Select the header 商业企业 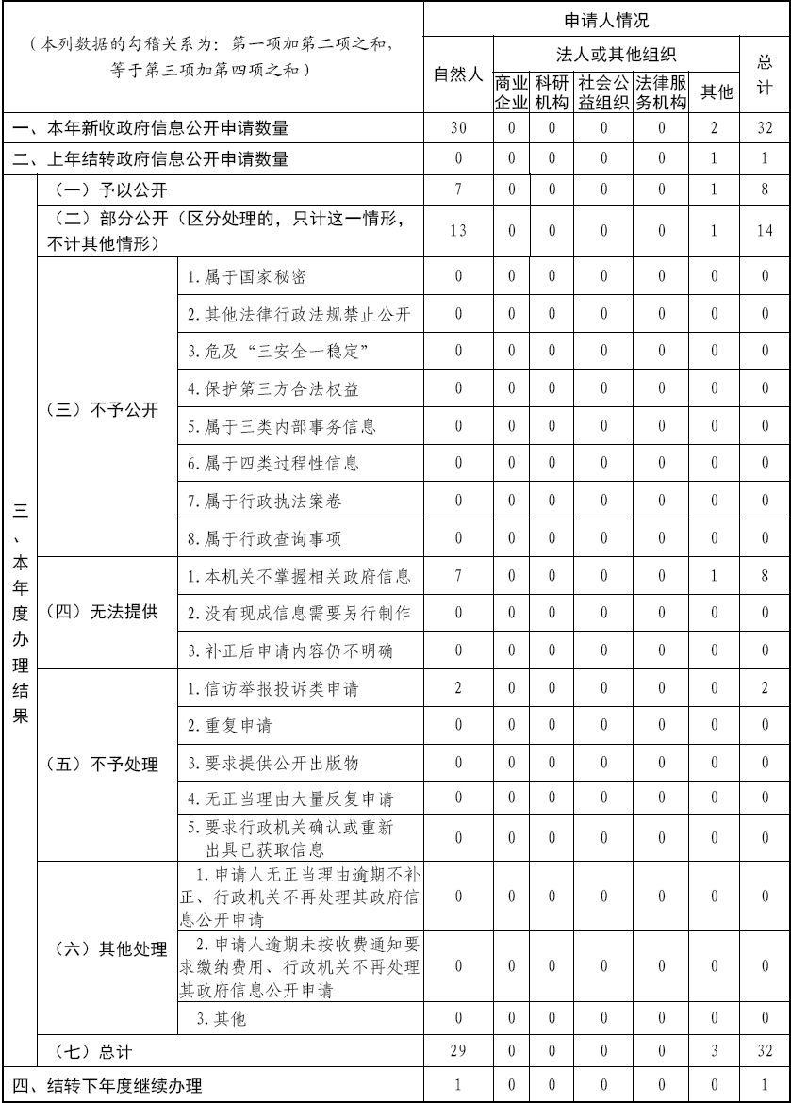click(x=510, y=91)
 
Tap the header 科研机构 click(x=552, y=91)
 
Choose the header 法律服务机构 click(x=662, y=91)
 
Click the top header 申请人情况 click(x=606, y=20)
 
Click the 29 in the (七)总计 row click(x=457, y=1049)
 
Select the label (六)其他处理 click(x=107, y=948)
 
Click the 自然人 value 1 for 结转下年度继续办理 click(x=457, y=1084)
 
